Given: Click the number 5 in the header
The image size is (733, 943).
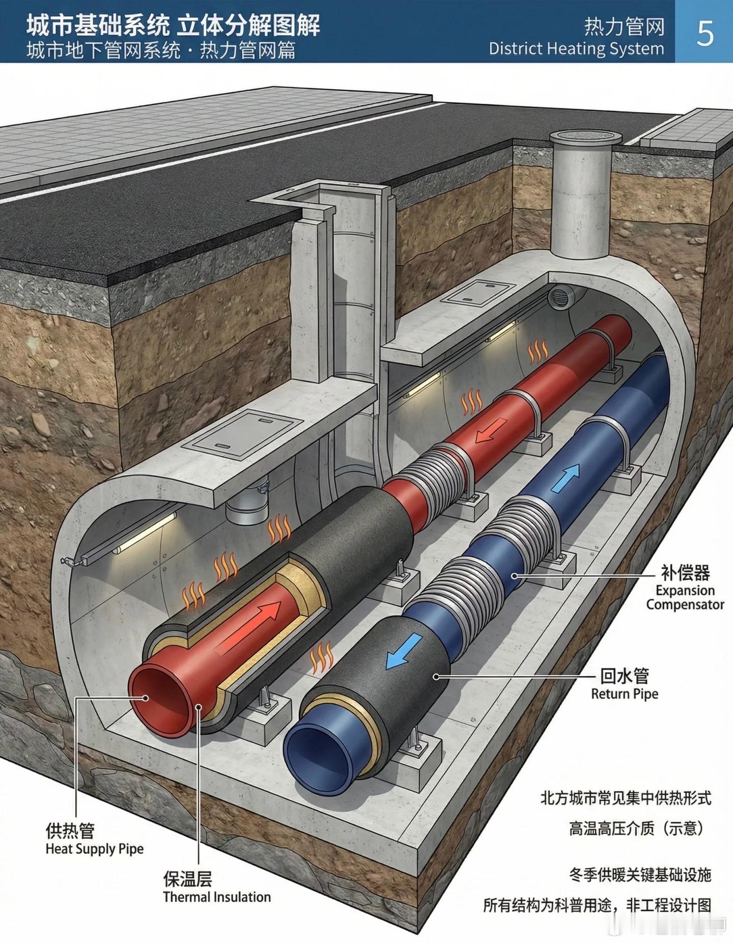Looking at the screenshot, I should pos(704,34).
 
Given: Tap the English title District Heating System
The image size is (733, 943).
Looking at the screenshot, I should pos(576,49).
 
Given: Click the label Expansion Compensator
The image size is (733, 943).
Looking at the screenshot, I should pos(685,597).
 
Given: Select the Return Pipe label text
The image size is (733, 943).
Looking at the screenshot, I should pos(625,694).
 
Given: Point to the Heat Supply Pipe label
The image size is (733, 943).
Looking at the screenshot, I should pos(95,849).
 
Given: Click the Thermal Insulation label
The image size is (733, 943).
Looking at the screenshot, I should pos(217,897).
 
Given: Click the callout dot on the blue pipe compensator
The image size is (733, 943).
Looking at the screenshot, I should pos(515,576).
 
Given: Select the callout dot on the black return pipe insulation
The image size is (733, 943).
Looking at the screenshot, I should pos(436,676).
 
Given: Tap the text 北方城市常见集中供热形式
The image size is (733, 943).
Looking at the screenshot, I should pos(626,798).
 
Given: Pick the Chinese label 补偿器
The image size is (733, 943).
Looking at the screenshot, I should pos(685,573).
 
